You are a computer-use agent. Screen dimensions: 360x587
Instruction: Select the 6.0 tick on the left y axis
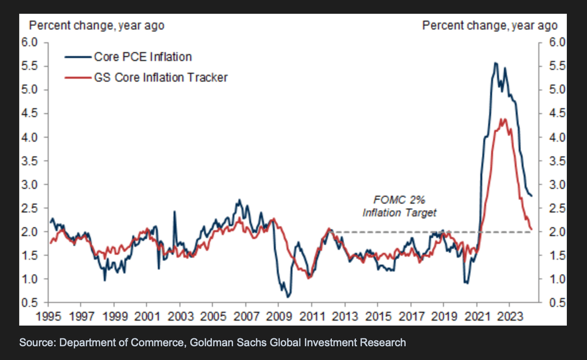30,42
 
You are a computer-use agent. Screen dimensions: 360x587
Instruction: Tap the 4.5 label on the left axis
30,114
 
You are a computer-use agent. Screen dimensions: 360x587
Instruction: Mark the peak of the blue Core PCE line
495,62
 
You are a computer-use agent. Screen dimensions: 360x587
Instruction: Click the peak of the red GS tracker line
503,119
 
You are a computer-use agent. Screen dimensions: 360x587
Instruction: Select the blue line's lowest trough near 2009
287,296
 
